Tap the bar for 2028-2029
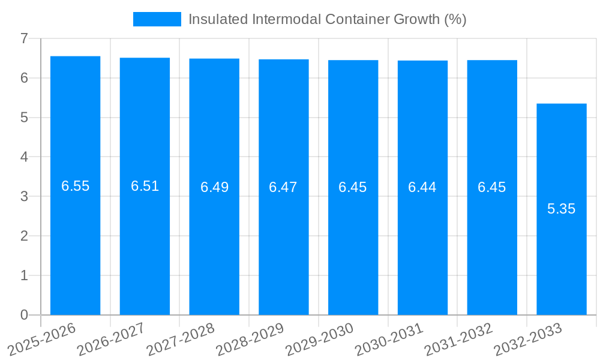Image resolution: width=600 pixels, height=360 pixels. click(x=283, y=240)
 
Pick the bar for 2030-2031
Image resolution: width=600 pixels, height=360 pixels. click(x=422, y=240)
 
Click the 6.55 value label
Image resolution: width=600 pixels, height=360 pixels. click(x=75, y=186)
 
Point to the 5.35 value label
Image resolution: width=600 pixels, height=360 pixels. click(x=561, y=209)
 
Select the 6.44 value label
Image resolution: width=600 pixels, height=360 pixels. click(x=422, y=187)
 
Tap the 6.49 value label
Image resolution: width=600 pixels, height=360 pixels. click(x=214, y=187)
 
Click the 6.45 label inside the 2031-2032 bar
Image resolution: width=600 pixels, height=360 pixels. click(x=491, y=187)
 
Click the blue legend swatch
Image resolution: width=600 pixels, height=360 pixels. click(x=157, y=19)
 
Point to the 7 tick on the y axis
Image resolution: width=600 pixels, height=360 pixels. click(x=24, y=38)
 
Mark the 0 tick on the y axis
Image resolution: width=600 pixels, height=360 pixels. click(x=24, y=315)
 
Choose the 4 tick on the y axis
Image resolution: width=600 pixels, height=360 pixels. click(x=24, y=157)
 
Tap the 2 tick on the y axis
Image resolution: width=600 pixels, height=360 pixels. click(x=24, y=236)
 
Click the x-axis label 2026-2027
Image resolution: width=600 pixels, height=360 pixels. click(x=111, y=339)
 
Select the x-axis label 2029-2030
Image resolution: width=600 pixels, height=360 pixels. click(x=319, y=339)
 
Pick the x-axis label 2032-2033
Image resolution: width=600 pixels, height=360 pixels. click(x=527, y=339)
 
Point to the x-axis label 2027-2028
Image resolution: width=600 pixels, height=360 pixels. click(x=181, y=339)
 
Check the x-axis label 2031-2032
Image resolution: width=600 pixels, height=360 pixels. click(x=458, y=339)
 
